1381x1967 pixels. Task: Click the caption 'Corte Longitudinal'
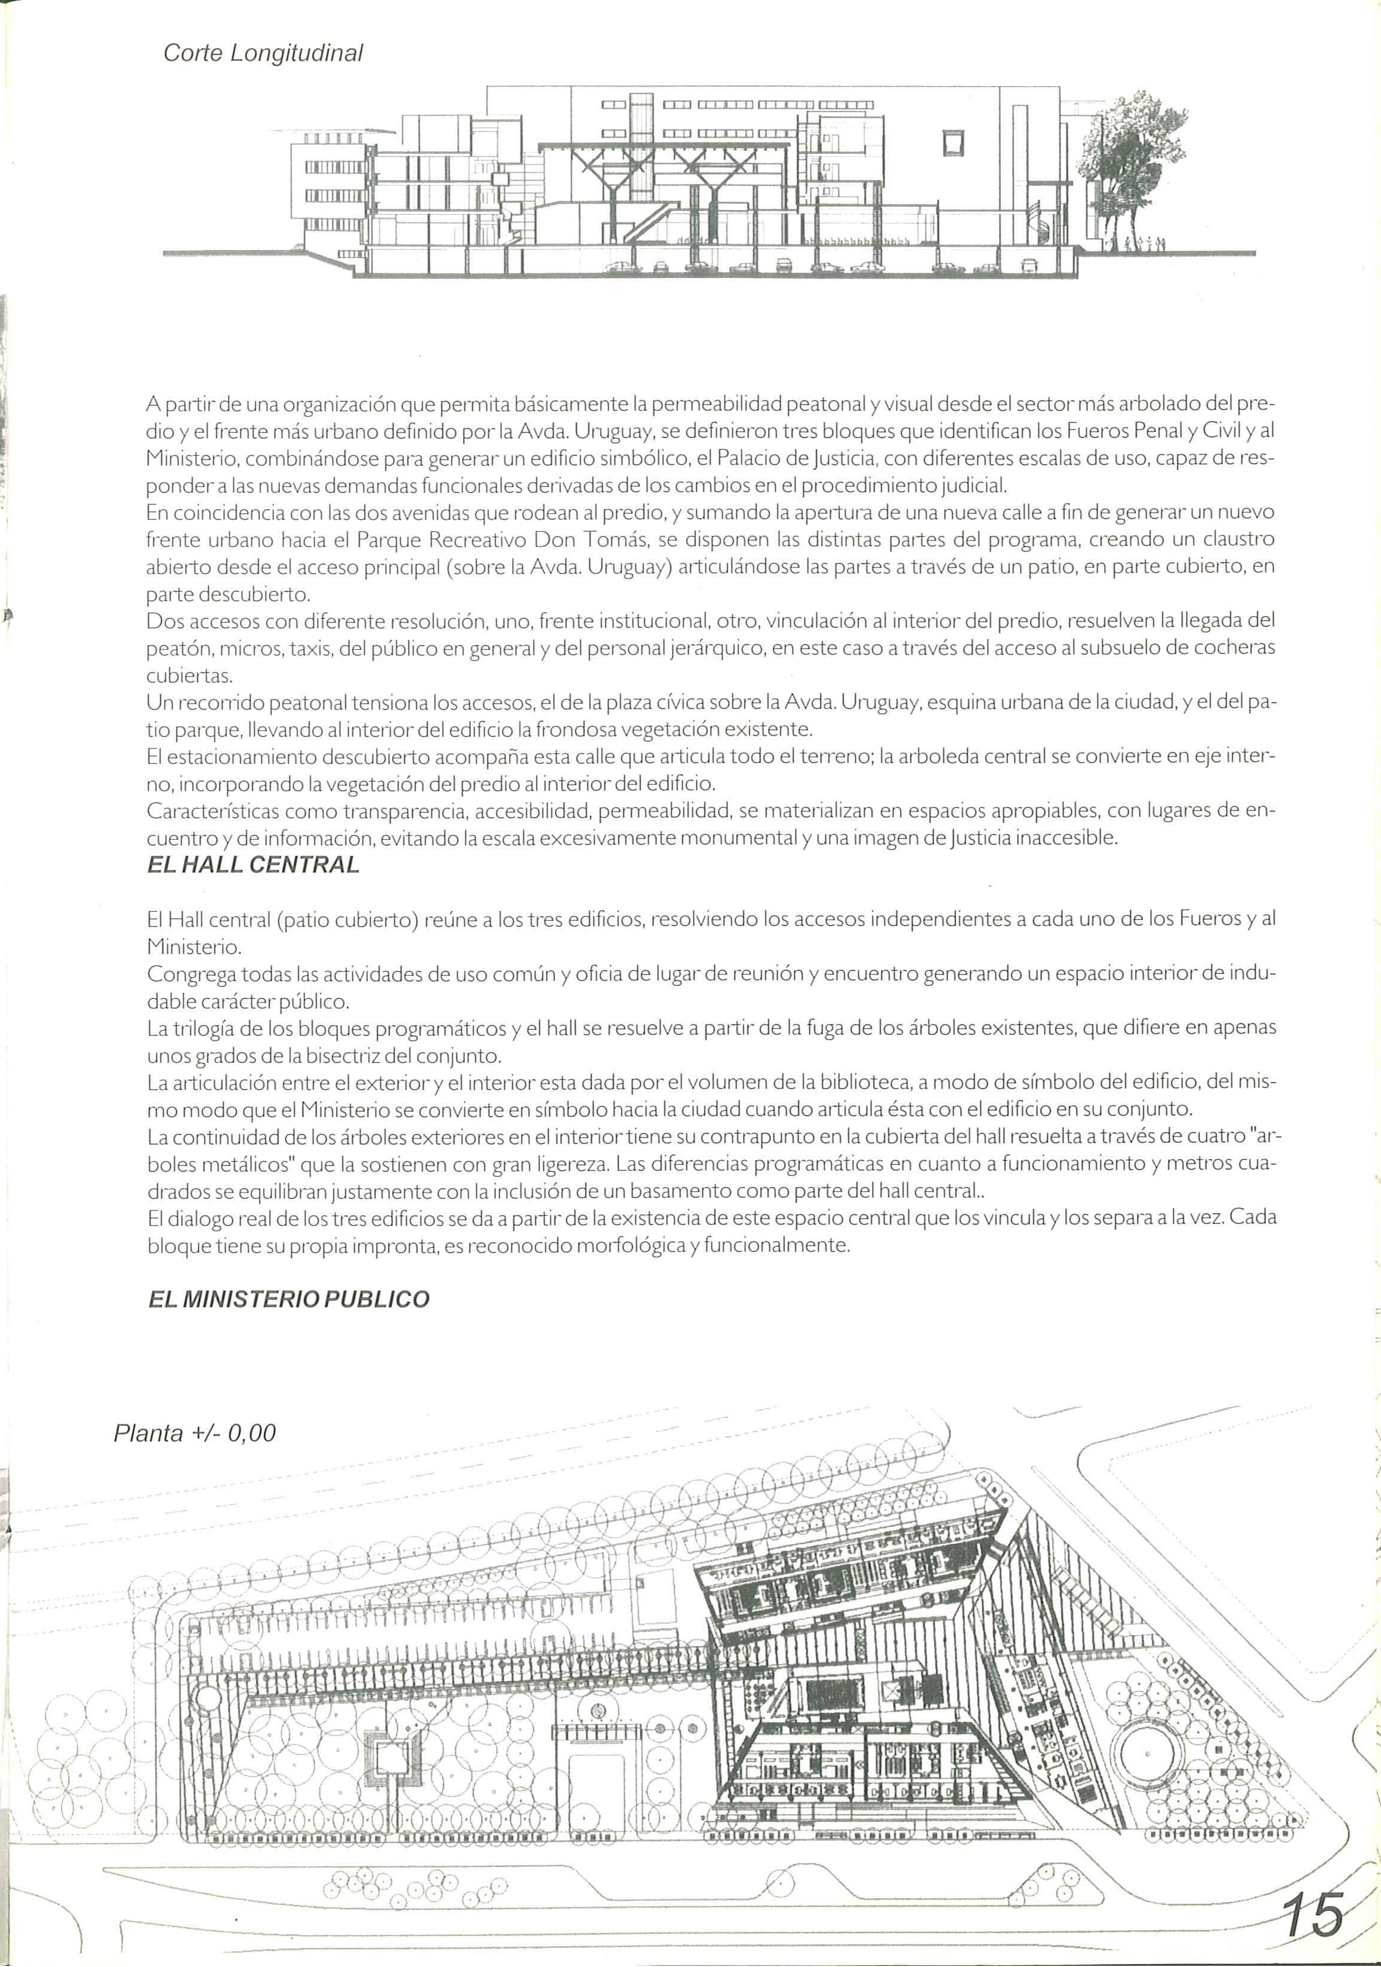[263, 54]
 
